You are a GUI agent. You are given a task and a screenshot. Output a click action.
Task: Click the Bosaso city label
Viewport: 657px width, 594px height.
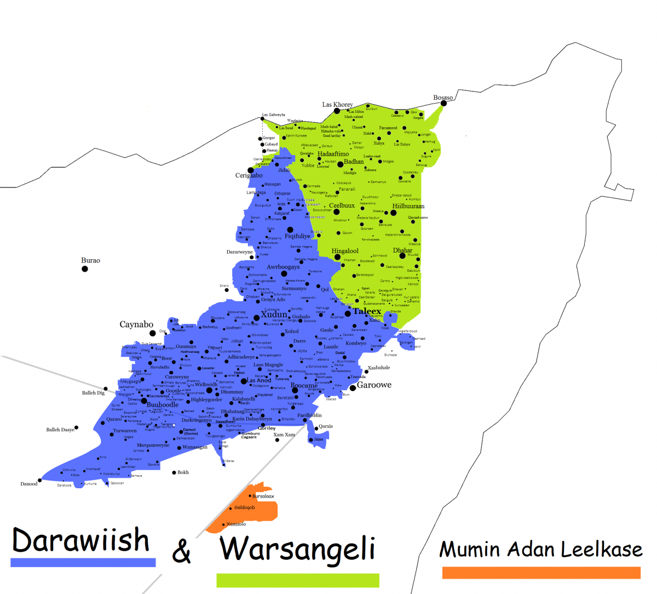click(x=443, y=98)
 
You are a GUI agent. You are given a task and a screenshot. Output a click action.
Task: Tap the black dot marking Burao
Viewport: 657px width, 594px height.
click(x=85, y=269)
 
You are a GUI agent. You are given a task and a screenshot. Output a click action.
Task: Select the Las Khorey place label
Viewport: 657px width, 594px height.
click(x=337, y=104)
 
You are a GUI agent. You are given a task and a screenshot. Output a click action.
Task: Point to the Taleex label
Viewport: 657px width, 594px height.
click(x=367, y=311)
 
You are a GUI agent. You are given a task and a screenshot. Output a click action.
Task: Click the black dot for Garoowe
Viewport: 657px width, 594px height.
click(x=353, y=387)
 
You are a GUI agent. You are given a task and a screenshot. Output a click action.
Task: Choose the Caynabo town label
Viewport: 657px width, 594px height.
click(x=136, y=324)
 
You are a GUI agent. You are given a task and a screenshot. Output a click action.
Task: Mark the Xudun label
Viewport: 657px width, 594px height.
click(x=274, y=315)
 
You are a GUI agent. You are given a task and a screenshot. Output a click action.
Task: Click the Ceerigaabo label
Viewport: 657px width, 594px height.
click(x=249, y=175)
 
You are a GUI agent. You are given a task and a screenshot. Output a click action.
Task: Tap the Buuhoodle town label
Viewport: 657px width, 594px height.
click(x=163, y=405)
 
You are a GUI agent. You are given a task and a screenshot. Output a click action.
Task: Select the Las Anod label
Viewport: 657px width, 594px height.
click(x=259, y=380)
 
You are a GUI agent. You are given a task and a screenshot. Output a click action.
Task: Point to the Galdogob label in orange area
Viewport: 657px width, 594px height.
click(x=245, y=507)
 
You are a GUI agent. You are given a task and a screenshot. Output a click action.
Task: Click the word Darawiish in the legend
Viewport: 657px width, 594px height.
click(x=80, y=540)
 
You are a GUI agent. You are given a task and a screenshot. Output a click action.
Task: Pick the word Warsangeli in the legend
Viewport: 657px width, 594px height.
click(x=298, y=549)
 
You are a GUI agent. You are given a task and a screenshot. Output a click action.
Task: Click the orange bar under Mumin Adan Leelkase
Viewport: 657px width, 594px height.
click(x=541, y=573)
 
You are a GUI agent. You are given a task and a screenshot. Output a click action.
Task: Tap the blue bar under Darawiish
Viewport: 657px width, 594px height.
click(x=83, y=562)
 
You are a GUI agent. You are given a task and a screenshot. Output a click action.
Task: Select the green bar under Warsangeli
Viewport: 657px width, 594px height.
click(x=297, y=580)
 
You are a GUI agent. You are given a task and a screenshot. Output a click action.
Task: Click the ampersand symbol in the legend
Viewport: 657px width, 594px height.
click(x=182, y=551)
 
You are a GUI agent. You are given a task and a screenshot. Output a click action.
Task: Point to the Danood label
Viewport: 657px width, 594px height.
click(x=29, y=484)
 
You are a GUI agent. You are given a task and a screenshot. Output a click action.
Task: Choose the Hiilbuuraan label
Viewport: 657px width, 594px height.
click(x=408, y=207)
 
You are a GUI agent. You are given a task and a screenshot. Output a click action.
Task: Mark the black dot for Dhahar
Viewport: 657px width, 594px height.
click(x=402, y=256)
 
